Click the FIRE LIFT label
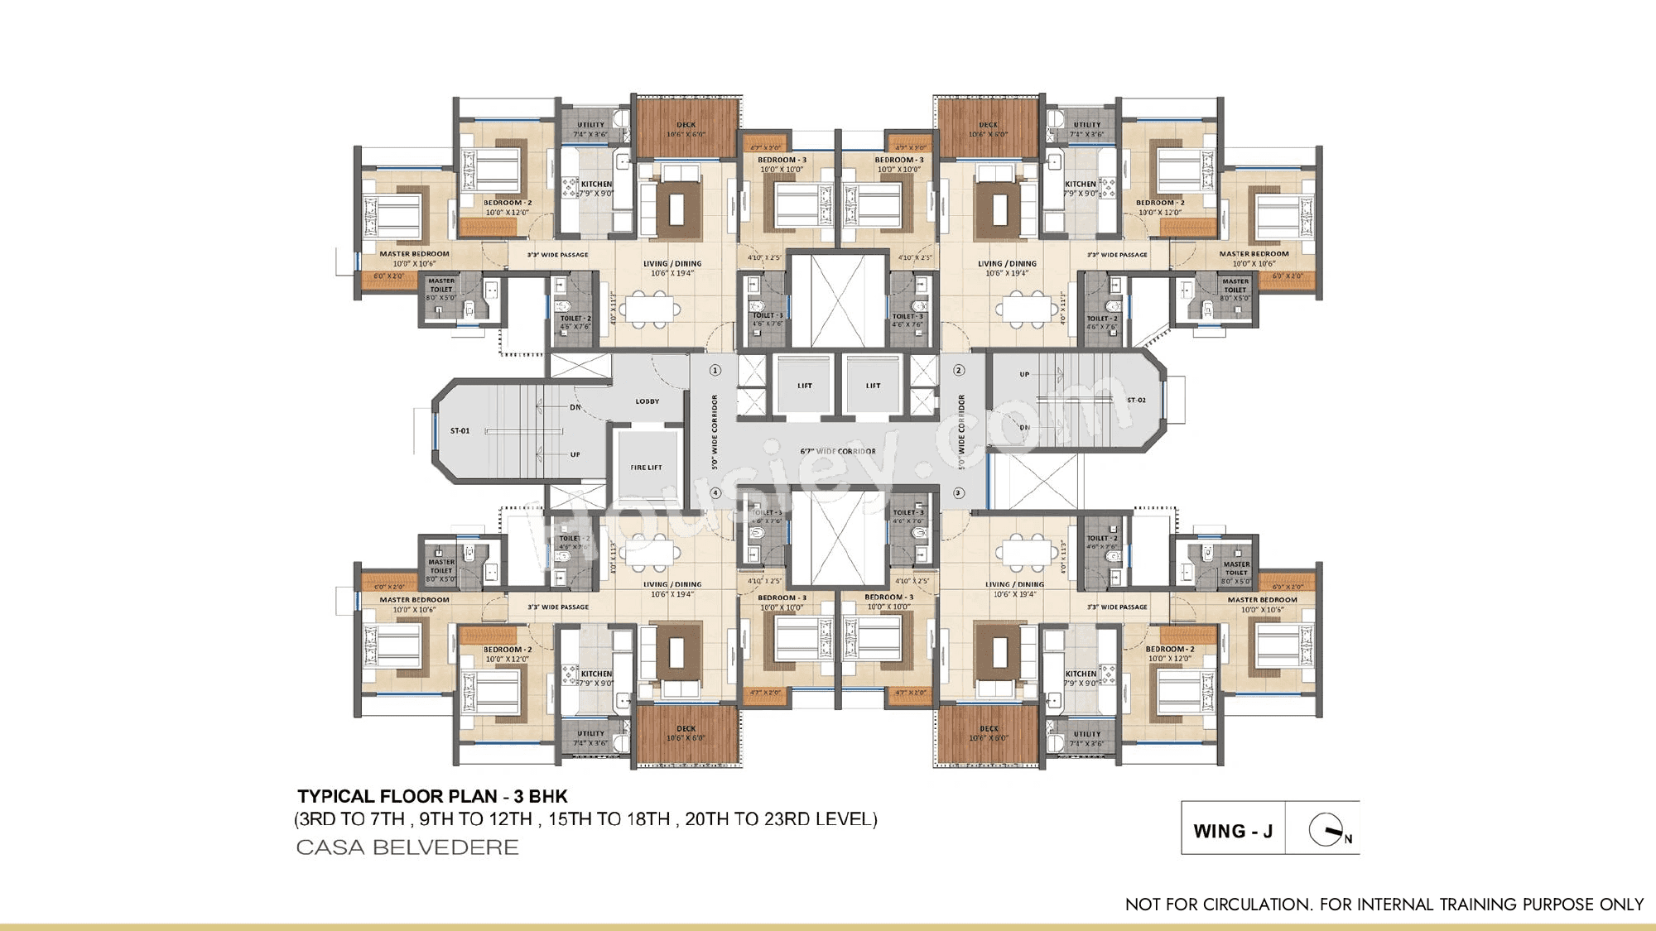point(646,468)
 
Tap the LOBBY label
point(647,401)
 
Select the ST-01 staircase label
point(460,430)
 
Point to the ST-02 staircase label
point(1136,400)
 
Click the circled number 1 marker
point(715,370)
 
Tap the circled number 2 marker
point(959,370)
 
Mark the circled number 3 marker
point(959,493)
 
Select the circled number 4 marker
point(715,493)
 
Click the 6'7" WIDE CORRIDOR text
point(837,451)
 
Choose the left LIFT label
point(805,386)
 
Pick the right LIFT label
point(874,386)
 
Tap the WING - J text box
point(1233,831)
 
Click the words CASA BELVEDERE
point(407,847)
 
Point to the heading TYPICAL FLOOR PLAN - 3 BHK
point(432,796)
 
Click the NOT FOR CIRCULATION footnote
point(1384,905)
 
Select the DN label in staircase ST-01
point(575,407)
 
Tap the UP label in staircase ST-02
point(1024,374)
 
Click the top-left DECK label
point(686,125)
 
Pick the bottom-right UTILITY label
point(1087,733)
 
